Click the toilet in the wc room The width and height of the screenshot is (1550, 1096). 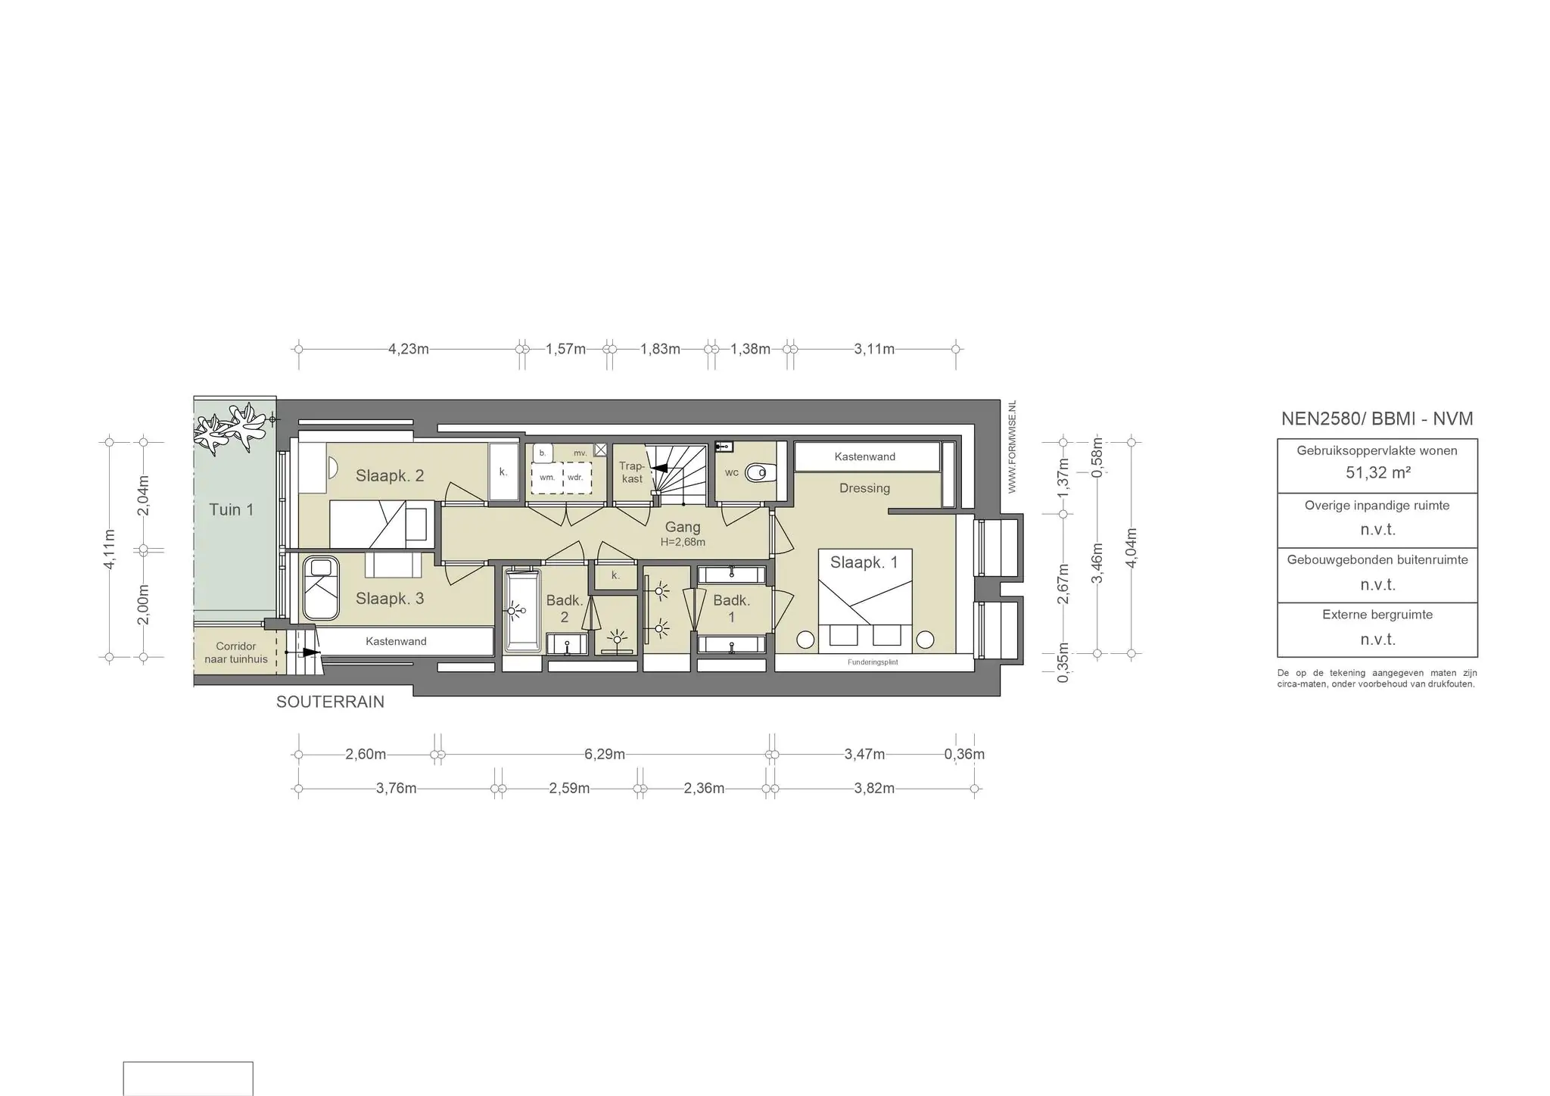(757, 473)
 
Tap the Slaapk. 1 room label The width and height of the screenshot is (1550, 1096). (864, 562)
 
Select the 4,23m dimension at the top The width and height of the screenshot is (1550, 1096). (409, 349)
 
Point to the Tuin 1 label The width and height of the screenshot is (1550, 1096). (232, 509)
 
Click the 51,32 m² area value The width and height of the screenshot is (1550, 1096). (1377, 473)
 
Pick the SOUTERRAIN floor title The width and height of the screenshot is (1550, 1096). (330, 702)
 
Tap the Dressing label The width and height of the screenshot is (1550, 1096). (864, 488)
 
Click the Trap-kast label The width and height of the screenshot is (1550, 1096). (632, 472)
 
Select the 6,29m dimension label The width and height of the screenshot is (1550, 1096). (605, 754)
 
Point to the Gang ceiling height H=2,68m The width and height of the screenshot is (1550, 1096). (683, 542)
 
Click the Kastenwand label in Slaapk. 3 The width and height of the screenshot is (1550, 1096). (396, 641)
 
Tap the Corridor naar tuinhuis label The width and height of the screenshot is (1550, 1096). (236, 652)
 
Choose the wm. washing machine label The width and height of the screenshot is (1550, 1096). (547, 478)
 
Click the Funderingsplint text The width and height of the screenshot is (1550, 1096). (873, 662)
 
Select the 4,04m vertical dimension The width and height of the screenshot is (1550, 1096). (1131, 546)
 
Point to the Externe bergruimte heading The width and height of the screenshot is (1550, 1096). (1377, 615)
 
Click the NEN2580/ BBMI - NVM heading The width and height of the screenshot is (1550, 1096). (1377, 419)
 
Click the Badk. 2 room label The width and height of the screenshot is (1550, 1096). (565, 609)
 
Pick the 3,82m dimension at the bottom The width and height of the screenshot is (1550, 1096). (874, 788)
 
